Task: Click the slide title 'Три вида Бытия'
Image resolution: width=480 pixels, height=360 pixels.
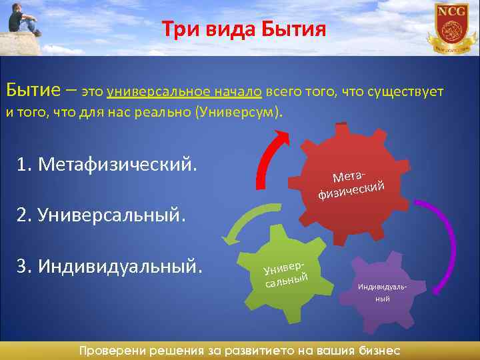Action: tap(243, 29)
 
